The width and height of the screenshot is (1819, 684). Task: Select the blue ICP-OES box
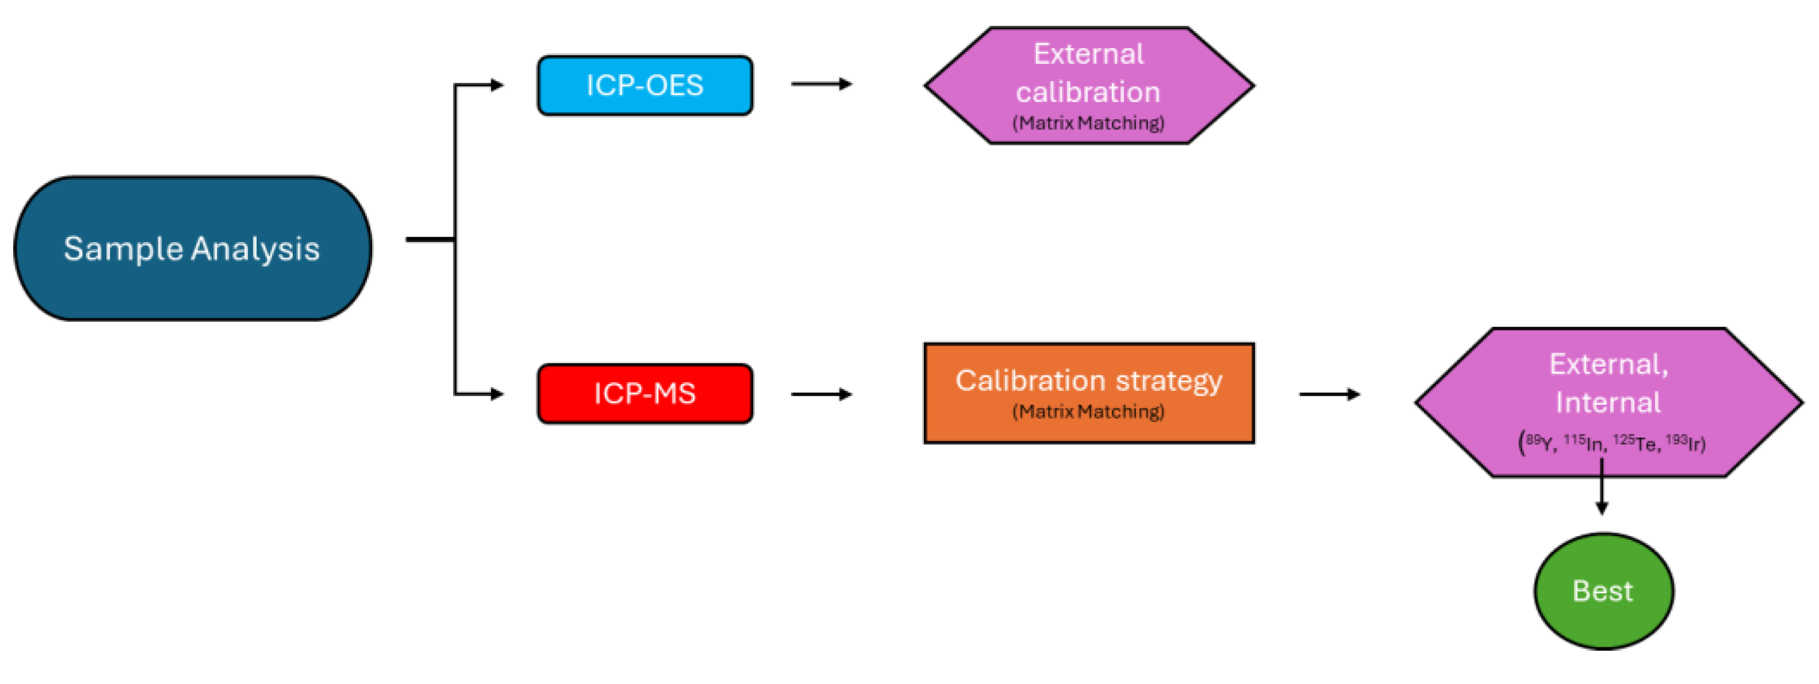pos(644,86)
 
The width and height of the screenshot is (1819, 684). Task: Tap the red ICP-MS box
pos(644,394)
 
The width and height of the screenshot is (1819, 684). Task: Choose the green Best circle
pos(1603,591)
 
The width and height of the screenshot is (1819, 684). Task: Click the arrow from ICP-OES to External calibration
pos(821,84)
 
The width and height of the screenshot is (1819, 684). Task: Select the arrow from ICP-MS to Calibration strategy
pos(821,394)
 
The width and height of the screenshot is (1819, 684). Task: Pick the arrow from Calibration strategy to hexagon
pos(1329,394)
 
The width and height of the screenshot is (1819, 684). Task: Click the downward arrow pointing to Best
pos(1601,487)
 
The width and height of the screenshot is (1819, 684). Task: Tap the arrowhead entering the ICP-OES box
pos(497,86)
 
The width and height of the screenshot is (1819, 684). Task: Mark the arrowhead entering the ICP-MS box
pos(497,394)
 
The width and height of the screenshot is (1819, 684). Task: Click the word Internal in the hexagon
pos(1608,402)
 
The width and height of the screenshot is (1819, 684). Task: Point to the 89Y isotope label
pos(1539,443)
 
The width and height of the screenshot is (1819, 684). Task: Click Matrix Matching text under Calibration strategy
pos(1088,411)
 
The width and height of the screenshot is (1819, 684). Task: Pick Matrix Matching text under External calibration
pos(1088,123)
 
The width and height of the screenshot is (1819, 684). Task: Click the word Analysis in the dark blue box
pos(255,249)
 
